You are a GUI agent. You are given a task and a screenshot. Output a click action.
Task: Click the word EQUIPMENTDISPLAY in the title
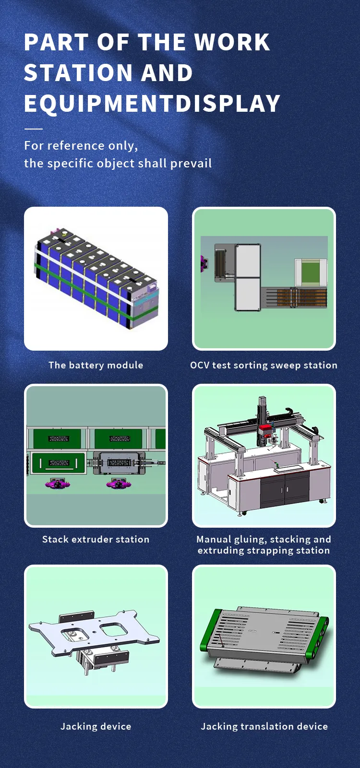click(x=152, y=104)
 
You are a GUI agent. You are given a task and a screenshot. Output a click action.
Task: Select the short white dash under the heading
click(x=33, y=129)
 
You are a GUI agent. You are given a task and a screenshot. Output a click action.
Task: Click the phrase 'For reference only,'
click(x=81, y=145)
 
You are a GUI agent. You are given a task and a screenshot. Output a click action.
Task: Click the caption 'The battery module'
click(x=96, y=365)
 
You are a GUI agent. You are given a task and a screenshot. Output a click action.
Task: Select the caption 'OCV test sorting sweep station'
click(x=264, y=365)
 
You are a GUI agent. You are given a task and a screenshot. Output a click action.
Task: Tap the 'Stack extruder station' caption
click(x=96, y=539)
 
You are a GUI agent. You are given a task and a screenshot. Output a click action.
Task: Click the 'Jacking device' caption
click(x=96, y=726)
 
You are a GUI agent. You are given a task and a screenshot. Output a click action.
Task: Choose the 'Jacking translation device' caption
click(x=264, y=726)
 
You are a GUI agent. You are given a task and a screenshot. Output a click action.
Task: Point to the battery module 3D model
click(x=96, y=278)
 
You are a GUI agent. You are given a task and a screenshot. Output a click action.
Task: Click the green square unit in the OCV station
click(x=311, y=272)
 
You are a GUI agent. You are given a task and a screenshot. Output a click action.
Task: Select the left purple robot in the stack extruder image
click(x=58, y=484)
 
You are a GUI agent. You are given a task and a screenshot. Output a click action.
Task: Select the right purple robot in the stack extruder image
click(x=117, y=484)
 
